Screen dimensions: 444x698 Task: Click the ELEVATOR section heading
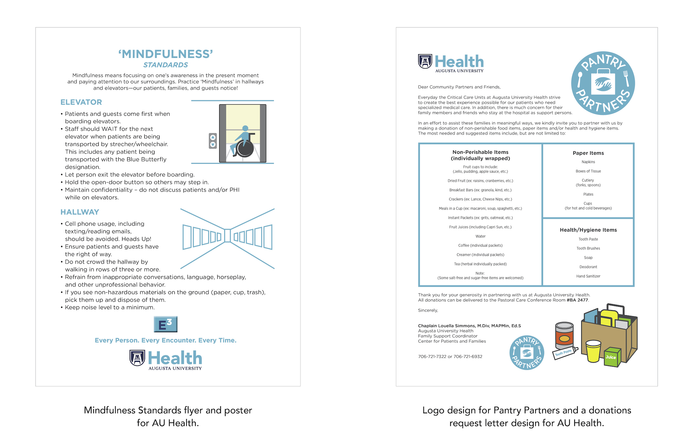pyautogui.click(x=81, y=102)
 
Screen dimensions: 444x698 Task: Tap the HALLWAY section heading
pyautogui.click(x=80, y=212)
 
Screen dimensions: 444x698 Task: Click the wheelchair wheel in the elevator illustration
pyautogui.click(x=245, y=148)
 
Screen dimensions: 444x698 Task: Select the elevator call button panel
pyautogui.click(x=213, y=141)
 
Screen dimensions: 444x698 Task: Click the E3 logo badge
pyautogui.click(x=165, y=324)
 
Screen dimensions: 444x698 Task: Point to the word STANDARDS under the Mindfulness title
pyautogui.click(x=166, y=65)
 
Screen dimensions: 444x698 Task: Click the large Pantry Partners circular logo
pyautogui.click(x=603, y=83)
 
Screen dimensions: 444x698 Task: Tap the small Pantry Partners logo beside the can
pyautogui.click(x=527, y=352)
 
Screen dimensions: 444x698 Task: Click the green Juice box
pyautogui.click(x=612, y=357)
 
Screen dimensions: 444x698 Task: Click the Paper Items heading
pyautogui.click(x=588, y=153)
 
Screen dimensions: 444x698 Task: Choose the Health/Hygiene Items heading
pyautogui.click(x=588, y=230)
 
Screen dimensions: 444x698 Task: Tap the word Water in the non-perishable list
pyautogui.click(x=480, y=236)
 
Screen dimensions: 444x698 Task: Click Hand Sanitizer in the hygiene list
pyautogui.click(x=588, y=276)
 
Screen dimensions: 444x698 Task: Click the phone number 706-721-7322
pyautogui.click(x=432, y=356)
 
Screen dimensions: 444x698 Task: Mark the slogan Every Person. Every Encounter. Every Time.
pyautogui.click(x=166, y=340)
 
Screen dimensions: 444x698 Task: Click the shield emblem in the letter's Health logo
pyautogui.click(x=425, y=61)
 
